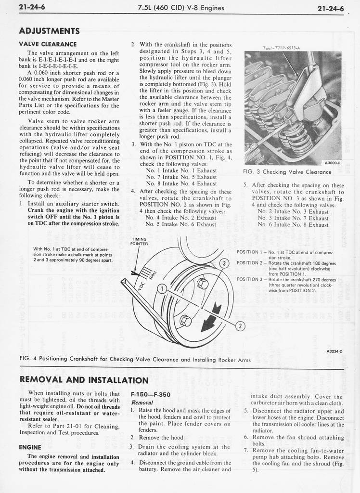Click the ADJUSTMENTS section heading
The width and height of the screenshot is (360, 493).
[49, 31]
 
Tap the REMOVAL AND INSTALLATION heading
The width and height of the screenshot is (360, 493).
[84, 380]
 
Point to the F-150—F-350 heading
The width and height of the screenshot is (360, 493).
[151, 394]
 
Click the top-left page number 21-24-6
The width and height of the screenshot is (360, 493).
[32, 7]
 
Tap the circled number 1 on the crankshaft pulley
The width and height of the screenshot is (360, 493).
[162, 289]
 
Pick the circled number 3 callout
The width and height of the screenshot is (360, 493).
[224, 263]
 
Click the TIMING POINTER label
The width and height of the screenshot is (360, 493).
[139, 241]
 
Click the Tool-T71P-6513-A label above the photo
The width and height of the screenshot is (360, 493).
[282, 48]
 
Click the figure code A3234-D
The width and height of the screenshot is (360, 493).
[334, 351]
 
